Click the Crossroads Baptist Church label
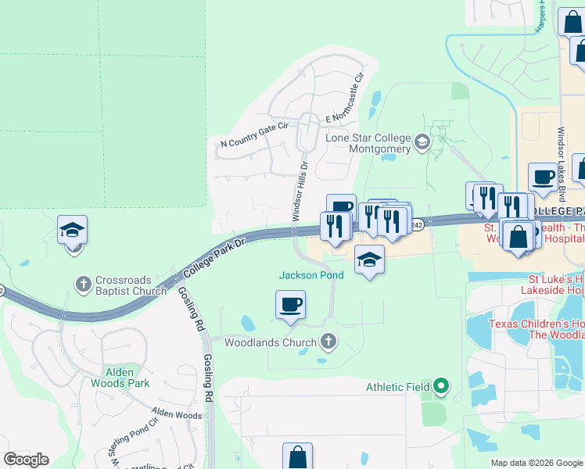click(131, 285)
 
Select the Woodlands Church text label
click(271, 342)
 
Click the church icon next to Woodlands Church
click(328, 341)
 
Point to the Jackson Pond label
click(311, 275)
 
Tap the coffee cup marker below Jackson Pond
click(290, 305)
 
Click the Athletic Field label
click(398, 386)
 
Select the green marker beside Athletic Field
click(441, 385)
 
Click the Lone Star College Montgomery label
click(368, 143)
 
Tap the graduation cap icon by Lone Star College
click(422, 141)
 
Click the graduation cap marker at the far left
click(72, 231)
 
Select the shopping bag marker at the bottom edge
click(297, 456)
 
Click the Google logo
click(26, 459)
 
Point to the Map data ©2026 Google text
click(536, 463)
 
